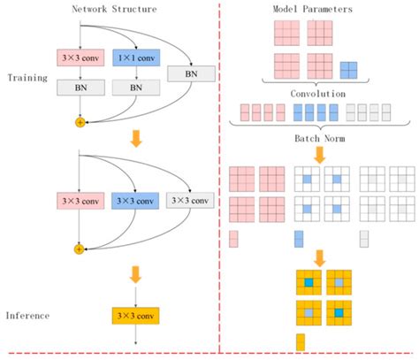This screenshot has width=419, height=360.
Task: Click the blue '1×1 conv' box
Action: click(x=137, y=60)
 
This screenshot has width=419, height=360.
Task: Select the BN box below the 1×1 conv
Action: click(x=137, y=88)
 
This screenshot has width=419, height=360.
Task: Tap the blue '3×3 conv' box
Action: click(x=137, y=200)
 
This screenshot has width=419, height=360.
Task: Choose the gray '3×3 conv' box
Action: click(x=191, y=200)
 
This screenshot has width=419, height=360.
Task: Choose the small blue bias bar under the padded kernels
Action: click(x=298, y=239)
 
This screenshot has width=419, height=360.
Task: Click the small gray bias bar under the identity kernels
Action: click(x=363, y=239)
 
